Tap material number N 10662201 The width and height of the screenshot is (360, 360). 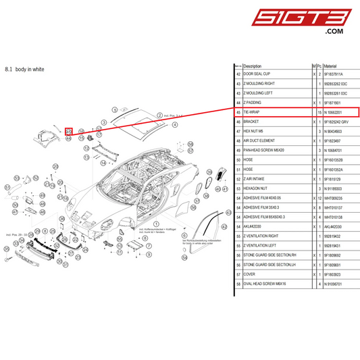pos(338,112)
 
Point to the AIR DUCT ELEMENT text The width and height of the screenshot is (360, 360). pos(260,140)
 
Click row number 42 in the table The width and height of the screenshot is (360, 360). pos(238,74)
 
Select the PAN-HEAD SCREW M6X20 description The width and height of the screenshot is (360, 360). pos(263,150)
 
